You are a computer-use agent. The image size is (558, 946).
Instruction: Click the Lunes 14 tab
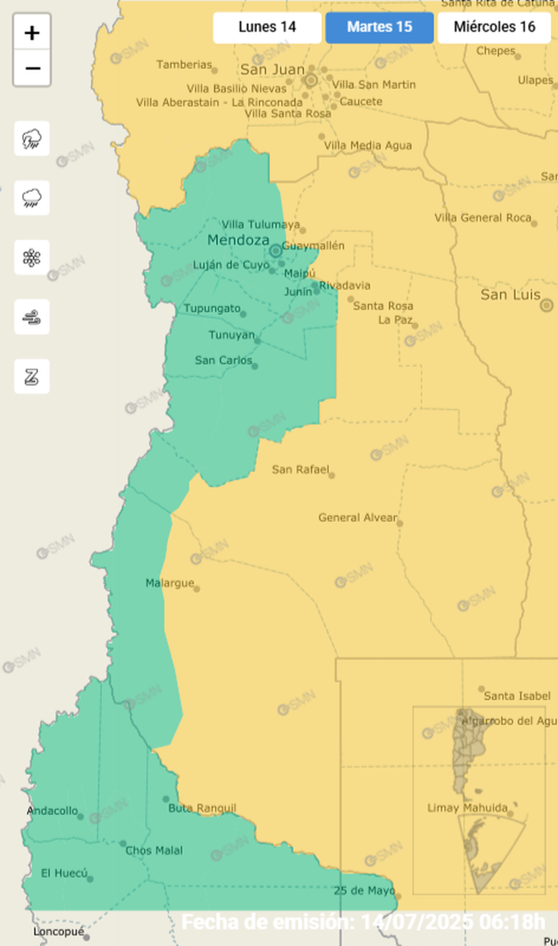pos(267,28)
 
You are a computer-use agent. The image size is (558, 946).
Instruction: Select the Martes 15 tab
pos(380,28)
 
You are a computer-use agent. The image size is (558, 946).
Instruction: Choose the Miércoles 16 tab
pos(494,28)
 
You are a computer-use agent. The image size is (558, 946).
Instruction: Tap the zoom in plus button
pos(32,33)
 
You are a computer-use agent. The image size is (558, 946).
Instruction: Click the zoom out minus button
pos(32,69)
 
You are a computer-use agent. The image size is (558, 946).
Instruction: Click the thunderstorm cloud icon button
pos(32,139)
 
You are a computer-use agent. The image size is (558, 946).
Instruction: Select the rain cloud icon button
pos(32,198)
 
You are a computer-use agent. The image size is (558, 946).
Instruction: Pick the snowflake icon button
pos(32,258)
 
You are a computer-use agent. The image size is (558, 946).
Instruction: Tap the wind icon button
pos(32,317)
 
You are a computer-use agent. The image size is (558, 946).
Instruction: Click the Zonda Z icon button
pos(32,377)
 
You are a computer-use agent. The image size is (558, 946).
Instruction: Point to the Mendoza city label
pos(238,240)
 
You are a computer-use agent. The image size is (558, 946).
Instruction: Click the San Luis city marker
pos(546,306)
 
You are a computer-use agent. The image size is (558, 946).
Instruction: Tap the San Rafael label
pos(300,469)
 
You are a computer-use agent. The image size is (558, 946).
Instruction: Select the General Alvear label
pos(357,518)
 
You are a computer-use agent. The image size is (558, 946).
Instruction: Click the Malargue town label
pos(170,583)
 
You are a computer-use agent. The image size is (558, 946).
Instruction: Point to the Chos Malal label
pos(154,851)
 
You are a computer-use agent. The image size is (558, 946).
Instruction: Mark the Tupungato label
pos(211,308)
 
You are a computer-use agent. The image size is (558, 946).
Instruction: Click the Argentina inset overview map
pos(479,801)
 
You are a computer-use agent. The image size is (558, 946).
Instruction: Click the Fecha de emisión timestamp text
pos(363,922)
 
